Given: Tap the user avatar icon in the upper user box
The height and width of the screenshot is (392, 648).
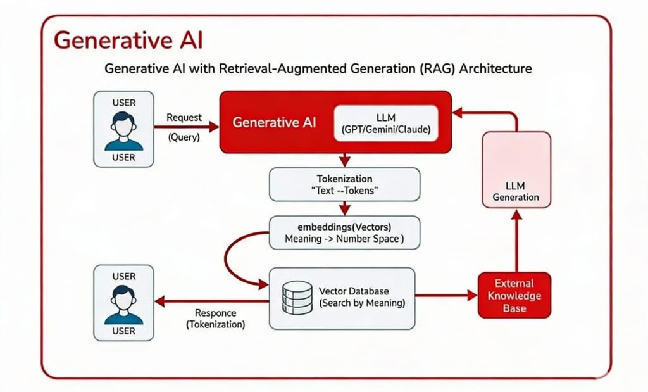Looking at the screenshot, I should point(123,130).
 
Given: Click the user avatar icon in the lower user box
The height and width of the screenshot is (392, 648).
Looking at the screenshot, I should point(123,304).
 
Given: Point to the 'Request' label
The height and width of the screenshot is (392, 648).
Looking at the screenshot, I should point(184,117).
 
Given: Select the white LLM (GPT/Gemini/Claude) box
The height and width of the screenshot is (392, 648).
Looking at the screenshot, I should point(385,122).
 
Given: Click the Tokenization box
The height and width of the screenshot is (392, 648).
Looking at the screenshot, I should point(344,184).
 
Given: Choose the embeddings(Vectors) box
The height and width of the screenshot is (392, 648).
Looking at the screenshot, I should point(345,232).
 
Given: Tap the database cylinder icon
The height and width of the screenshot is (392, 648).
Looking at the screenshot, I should point(297,298).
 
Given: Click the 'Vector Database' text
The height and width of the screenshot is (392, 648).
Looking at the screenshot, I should point(354,291).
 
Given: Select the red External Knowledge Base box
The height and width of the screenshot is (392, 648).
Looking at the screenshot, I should point(514,295).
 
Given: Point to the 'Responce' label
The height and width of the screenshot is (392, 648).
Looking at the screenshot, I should point(215,313).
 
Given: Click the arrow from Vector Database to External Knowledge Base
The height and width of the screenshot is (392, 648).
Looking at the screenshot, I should point(446,295).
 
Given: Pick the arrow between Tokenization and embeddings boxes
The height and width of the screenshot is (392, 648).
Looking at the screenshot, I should point(344,208).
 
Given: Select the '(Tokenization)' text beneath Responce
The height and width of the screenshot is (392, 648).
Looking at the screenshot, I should point(215,324).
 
